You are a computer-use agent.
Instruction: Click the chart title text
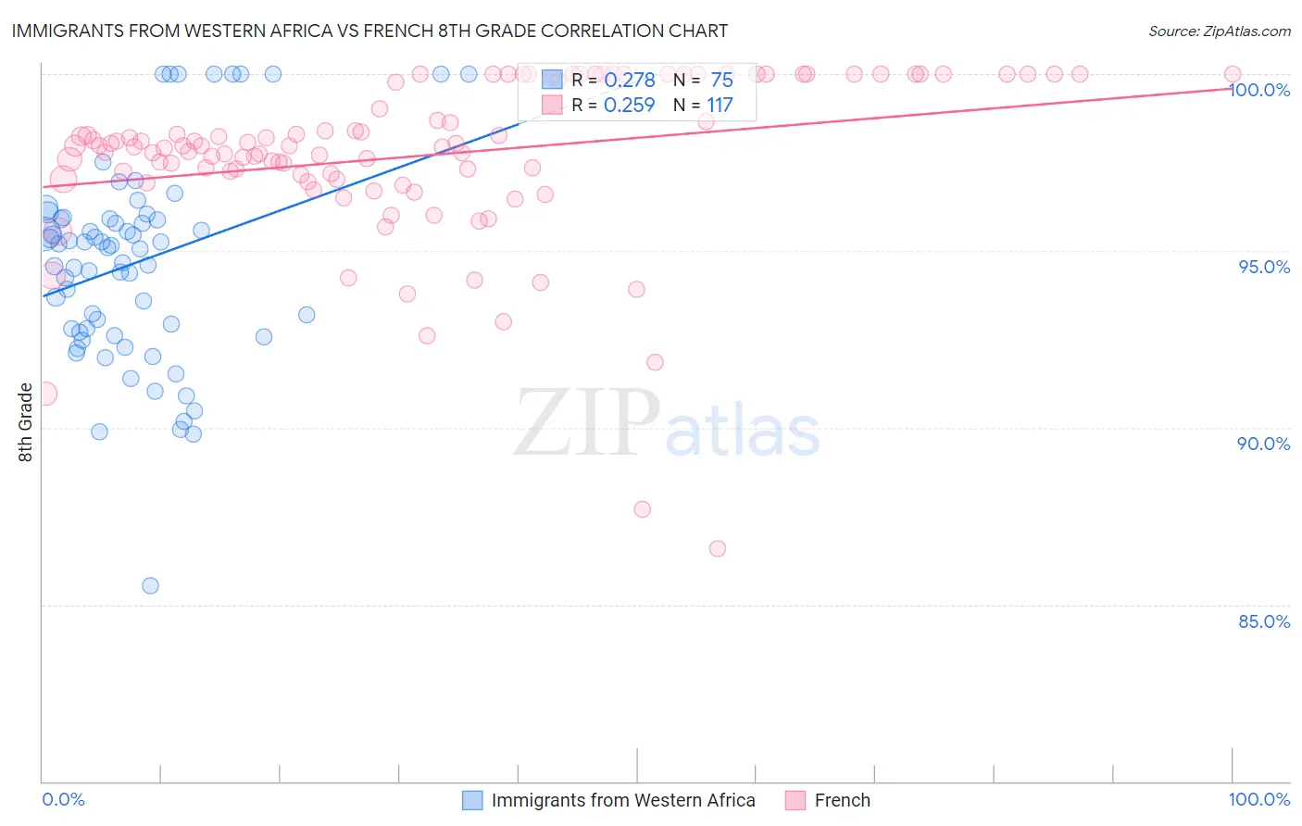click(369, 31)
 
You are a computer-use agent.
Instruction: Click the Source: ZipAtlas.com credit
click(1219, 31)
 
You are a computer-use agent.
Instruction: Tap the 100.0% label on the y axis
click(1259, 90)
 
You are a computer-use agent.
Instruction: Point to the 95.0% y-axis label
click(1264, 267)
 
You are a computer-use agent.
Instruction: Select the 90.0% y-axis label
click(1264, 444)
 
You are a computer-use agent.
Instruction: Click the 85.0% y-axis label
click(1264, 621)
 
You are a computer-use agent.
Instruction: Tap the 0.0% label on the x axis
click(63, 799)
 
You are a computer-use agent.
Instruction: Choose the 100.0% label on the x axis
click(1258, 799)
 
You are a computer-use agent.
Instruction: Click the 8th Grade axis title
click(26, 422)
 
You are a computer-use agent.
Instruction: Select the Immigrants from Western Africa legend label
click(622, 800)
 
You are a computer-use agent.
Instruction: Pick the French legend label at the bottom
click(842, 800)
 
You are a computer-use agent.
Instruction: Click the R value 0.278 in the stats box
click(630, 81)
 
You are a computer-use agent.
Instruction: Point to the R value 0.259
click(630, 106)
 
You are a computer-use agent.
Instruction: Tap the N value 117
click(720, 106)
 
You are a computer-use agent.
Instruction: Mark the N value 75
click(721, 81)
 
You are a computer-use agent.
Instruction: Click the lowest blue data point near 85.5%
click(150, 585)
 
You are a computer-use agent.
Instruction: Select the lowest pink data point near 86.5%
click(717, 548)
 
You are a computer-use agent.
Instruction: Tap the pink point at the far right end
click(1232, 74)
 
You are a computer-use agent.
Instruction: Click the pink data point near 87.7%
click(642, 509)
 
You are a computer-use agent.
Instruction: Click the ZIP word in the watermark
click(586, 424)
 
